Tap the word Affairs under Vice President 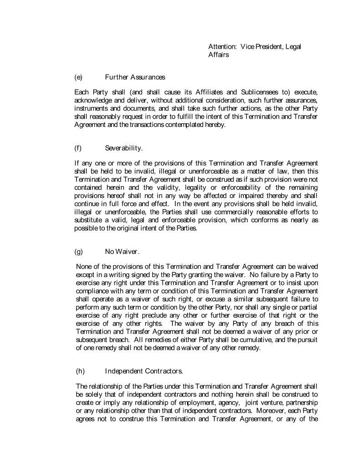[218, 55]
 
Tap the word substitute [90, 221]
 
